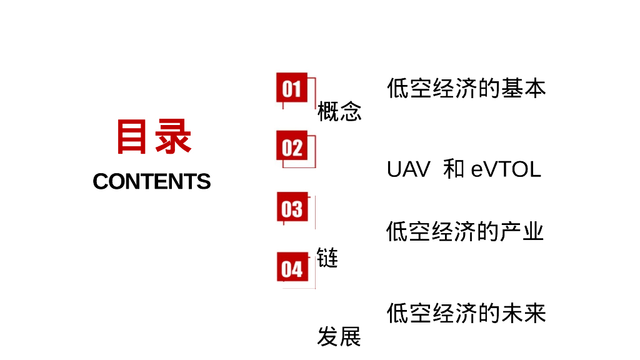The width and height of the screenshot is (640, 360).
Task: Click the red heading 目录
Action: pos(153,137)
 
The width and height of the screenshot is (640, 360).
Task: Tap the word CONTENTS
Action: pos(152,181)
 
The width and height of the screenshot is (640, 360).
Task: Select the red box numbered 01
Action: pos(292,87)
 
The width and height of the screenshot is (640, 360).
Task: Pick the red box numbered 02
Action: pos(292,147)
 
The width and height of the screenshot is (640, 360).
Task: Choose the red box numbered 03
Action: pos(292,207)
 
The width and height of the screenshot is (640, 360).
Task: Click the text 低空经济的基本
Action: pos(466,88)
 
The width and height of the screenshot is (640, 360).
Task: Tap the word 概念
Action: pos(339,112)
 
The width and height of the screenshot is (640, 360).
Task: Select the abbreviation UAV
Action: pos(408,169)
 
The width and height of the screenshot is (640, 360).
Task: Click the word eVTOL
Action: pos(506,169)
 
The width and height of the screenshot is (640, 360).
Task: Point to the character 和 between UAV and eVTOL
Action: pos(454,169)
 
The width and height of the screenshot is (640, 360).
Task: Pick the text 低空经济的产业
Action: pos(465,232)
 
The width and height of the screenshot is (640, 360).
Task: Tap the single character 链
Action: pos(327,257)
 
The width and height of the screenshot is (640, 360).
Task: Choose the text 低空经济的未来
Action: pos(466,313)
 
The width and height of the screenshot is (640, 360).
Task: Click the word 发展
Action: pos(339,337)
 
